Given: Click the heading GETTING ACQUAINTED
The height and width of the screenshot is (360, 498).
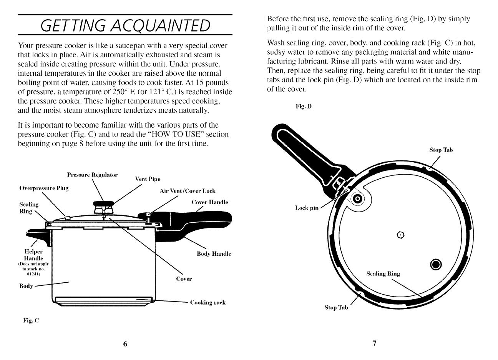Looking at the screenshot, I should pyautogui.click(x=126, y=25).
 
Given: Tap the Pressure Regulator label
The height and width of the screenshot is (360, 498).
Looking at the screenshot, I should pyautogui.click(x=92, y=175).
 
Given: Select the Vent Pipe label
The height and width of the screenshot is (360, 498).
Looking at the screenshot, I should pyautogui.click(x=148, y=179).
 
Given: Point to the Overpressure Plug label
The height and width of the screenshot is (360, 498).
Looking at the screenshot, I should pyautogui.click(x=44, y=188).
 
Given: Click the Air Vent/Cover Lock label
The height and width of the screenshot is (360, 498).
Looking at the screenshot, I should pyautogui.click(x=188, y=191).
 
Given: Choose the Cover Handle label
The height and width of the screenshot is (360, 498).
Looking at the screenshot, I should pyautogui.click(x=209, y=202).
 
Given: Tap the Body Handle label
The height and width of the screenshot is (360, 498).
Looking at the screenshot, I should pyautogui.click(x=214, y=254).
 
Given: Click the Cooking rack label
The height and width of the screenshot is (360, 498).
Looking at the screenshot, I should pyautogui.click(x=208, y=303).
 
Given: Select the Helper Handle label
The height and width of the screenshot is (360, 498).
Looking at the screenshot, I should pyautogui.click(x=33, y=255).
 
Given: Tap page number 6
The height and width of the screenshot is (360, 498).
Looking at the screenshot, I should pyautogui.click(x=125, y=344).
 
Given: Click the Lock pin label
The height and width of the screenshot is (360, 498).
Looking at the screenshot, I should pyautogui.click(x=307, y=208).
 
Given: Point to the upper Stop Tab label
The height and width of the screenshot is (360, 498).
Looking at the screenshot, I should pyautogui.click(x=441, y=150).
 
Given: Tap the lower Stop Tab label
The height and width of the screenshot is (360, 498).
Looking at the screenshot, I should pyautogui.click(x=336, y=308).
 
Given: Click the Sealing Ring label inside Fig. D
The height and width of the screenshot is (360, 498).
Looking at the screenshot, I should pyautogui.click(x=383, y=274).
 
